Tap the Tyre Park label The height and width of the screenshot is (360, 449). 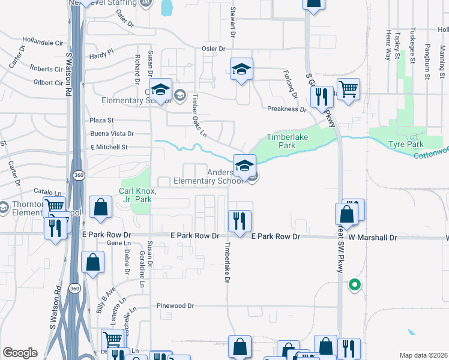(x=406, y=144)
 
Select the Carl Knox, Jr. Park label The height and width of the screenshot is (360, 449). (x=138, y=195)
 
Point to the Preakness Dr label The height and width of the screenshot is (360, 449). (x=286, y=109)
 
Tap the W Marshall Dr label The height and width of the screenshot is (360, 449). (x=373, y=238)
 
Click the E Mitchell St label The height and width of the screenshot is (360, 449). (x=109, y=146)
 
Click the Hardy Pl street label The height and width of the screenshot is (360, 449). (x=101, y=54)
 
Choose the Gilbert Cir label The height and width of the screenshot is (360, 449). (x=49, y=83)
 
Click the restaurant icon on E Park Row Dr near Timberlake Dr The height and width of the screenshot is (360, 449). (x=239, y=220)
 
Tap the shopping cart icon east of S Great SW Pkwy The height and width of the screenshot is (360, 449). (x=348, y=89)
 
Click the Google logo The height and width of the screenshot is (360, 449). (x=20, y=353)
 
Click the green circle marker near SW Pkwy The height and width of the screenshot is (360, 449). (x=355, y=285)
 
